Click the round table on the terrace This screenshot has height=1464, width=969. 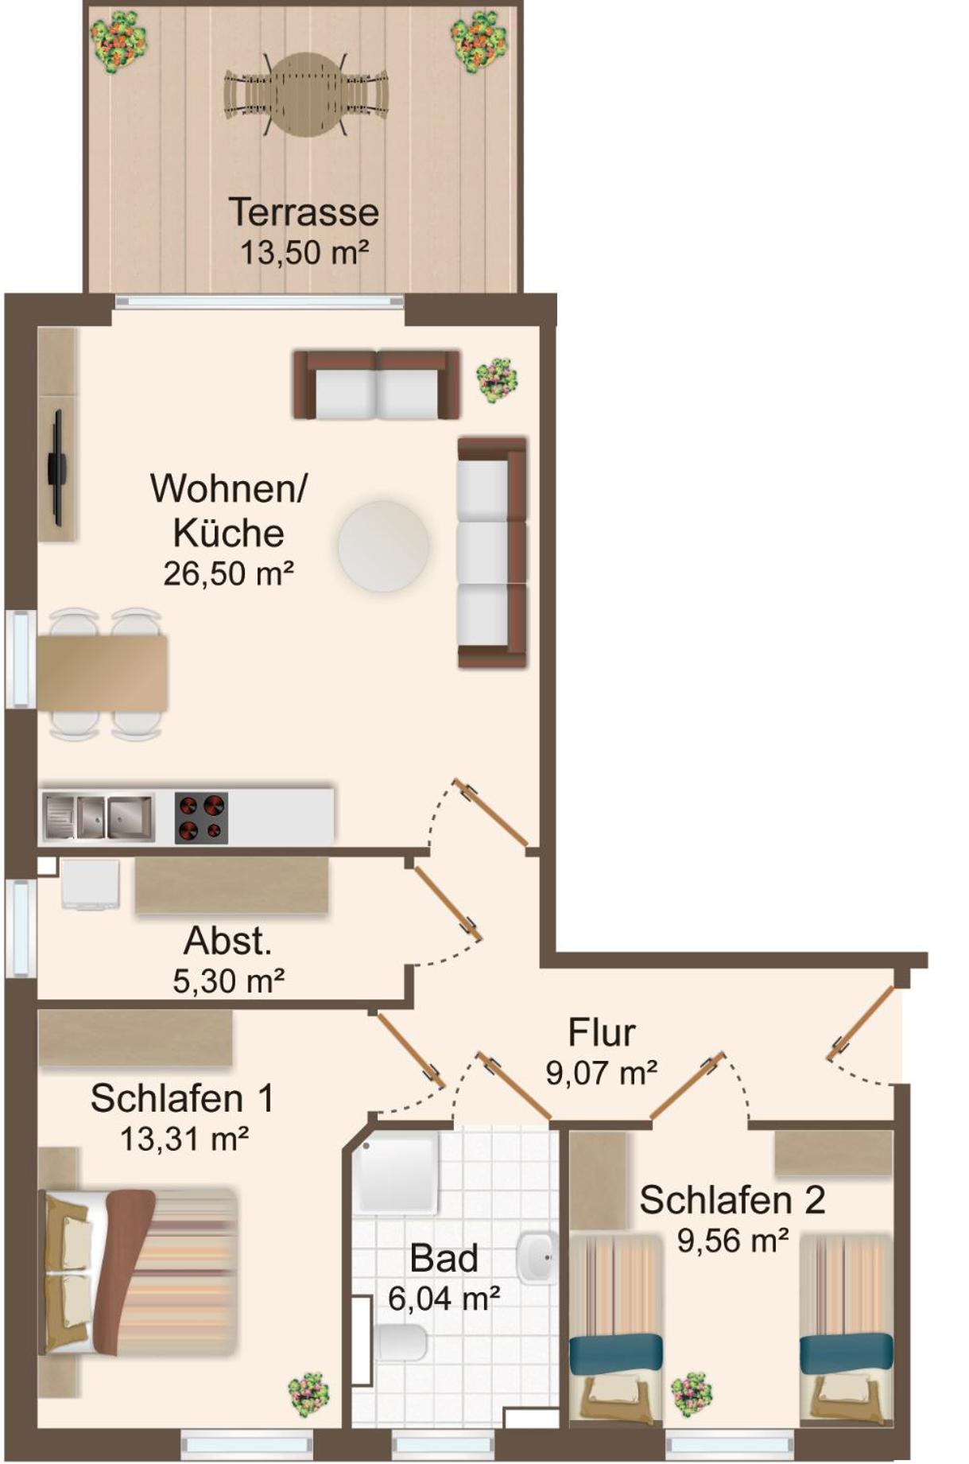click(x=305, y=95)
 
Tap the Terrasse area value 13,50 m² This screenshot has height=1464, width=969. click(x=304, y=253)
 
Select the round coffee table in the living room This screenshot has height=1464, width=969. click(x=383, y=546)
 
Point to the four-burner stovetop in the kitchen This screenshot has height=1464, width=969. click(x=201, y=817)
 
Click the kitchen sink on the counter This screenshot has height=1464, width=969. click(x=98, y=817)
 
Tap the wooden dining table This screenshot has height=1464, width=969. click(x=103, y=673)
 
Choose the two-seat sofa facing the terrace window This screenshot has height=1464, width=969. click(x=376, y=384)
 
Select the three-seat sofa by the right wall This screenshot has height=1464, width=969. click(x=492, y=552)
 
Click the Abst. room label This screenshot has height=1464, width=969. click(x=228, y=941)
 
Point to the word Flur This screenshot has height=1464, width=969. click(x=602, y=1032)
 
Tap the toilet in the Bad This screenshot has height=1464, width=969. click(x=400, y=1342)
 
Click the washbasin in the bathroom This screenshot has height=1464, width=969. click(x=538, y=1258)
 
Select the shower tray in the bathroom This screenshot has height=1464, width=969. click(x=395, y=1172)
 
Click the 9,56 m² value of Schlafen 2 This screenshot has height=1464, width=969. click(x=733, y=1240)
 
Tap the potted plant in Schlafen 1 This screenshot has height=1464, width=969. click(x=308, y=1394)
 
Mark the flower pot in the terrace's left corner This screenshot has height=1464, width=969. click(x=118, y=41)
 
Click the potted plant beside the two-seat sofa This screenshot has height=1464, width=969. click(x=497, y=379)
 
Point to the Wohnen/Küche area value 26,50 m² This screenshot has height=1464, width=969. click(x=229, y=573)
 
